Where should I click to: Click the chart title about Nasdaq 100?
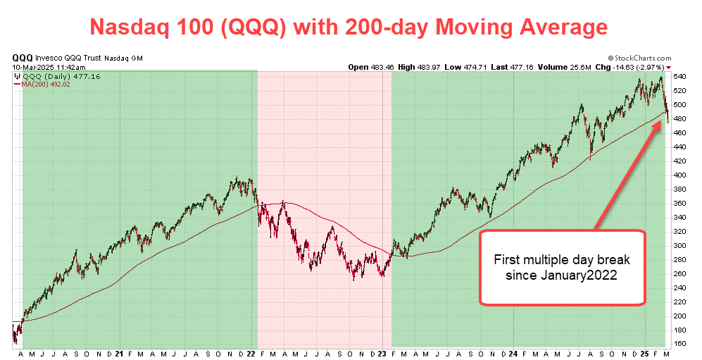349,27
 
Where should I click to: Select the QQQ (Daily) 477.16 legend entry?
47,76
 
